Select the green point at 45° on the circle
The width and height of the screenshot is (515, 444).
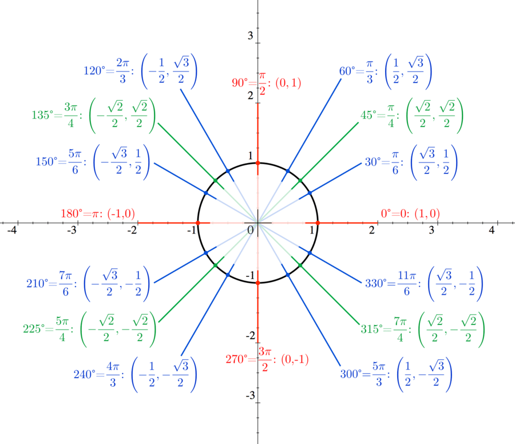(x=300, y=181)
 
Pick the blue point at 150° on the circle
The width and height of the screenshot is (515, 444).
(x=206, y=192)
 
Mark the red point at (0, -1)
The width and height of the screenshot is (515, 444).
(x=257, y=283)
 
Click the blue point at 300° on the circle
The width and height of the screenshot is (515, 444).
(x=287, y=275)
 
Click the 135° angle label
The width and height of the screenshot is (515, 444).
(x=42, y=114)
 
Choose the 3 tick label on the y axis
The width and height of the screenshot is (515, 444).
(x=250, y=36)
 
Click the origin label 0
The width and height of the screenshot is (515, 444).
(x=250, y=230)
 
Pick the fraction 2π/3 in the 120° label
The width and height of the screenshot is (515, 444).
(x=122, y=71)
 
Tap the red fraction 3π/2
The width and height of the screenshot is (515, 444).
(x=264, y=359)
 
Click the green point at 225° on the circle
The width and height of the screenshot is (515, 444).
(x=215, y=265)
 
